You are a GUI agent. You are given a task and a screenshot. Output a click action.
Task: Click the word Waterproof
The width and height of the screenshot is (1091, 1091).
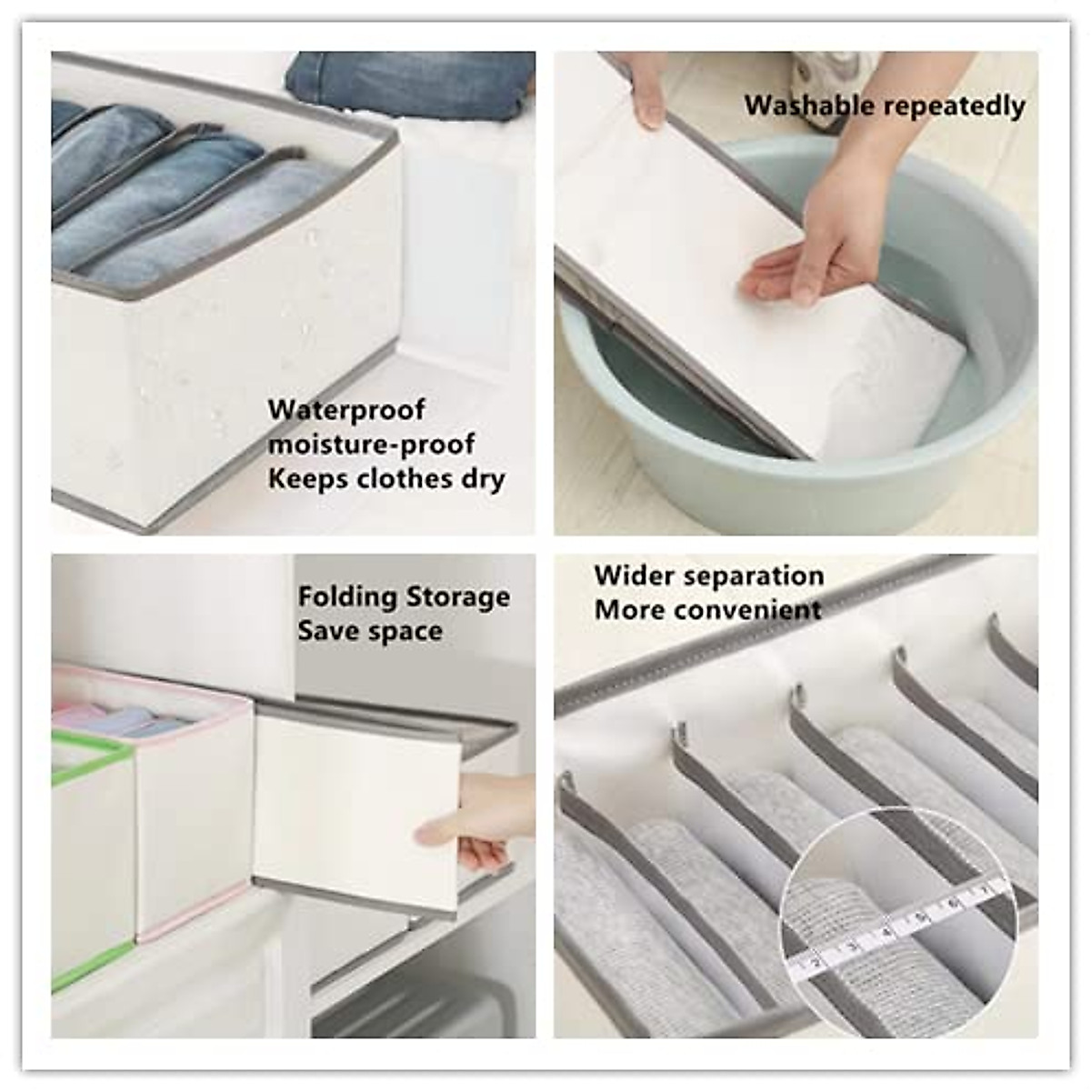point(345,410)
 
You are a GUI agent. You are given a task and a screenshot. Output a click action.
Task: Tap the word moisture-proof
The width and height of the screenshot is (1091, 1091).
point(371,445)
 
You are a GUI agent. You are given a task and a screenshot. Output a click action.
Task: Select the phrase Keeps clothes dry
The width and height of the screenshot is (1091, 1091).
point(386,479)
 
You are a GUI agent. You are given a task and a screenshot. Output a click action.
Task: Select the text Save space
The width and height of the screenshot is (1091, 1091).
point(370,631)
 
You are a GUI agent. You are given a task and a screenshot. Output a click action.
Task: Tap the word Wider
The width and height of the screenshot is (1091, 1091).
point(634,576)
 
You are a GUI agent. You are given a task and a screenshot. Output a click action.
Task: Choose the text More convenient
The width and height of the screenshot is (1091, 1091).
point(707,609)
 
